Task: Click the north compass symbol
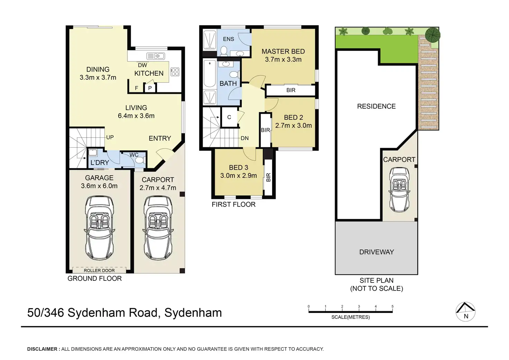coord(465,312)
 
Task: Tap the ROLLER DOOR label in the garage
coord(99,270)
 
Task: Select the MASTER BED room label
coord(283,52)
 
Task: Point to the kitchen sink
coord(156,56)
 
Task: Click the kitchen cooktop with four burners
coord(175,72)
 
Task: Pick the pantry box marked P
coord(150,88)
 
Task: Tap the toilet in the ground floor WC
coord(140,160)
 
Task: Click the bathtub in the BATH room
coord(210,73)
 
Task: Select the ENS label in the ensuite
coord(228,39)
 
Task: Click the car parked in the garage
coord(99,228)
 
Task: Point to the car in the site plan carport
coord(399,190)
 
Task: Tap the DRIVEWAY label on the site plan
coord(377,252)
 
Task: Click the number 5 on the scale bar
coord(392,306)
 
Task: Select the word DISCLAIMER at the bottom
coord(42,349)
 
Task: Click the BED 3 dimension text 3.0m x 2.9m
coord(239,175)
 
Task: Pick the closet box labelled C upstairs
coord(229,117)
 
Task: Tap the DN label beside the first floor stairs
coord(245,138)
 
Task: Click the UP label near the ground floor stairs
coord(110,137)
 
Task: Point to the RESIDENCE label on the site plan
coord(376,106)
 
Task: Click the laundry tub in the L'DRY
coord(93,153)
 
